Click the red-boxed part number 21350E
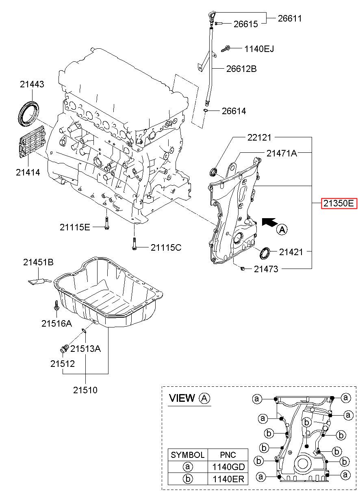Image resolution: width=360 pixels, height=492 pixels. tap(339, 204)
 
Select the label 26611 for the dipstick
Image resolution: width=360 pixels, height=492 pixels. tap(290, 18)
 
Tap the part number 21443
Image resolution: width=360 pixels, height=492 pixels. tap(32, 84)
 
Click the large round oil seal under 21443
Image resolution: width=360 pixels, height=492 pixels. tap(28, 114)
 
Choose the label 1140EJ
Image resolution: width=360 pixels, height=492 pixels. tap(259, 49)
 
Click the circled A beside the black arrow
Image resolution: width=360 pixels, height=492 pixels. tap(282, 230)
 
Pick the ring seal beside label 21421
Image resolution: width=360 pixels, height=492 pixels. tap(265, 253)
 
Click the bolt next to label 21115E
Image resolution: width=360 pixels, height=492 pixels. tap(107, 223)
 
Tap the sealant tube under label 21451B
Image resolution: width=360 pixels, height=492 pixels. tap(39, 281)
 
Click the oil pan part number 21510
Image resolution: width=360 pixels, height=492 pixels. tap(85, 390)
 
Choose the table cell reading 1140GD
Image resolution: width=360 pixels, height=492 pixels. tap(228, 467)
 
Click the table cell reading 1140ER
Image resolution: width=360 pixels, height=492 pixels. tap(228, 479)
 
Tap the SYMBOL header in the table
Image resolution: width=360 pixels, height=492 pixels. tap(188, 455)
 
